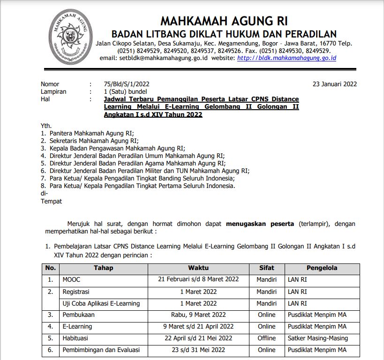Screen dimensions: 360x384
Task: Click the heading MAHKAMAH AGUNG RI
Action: (224, 21)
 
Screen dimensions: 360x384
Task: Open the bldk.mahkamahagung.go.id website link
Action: (286, 58)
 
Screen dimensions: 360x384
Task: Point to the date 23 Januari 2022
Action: (335, 84)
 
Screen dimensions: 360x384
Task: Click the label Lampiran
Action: (53, 92)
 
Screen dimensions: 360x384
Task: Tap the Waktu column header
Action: (198, 268)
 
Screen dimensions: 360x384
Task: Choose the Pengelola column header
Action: (322, 268)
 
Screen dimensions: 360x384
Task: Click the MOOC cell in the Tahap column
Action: (71, 279)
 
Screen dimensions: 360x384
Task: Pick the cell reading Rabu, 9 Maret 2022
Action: (198, 315)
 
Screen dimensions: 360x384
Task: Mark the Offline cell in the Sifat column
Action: (266, 338)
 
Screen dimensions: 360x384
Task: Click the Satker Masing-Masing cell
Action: (318, 338)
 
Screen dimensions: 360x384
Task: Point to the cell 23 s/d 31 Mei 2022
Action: (198, 350)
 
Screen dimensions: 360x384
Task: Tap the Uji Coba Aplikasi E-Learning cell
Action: (101, 303)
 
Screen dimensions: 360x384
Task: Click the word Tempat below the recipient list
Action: (51, 201)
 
